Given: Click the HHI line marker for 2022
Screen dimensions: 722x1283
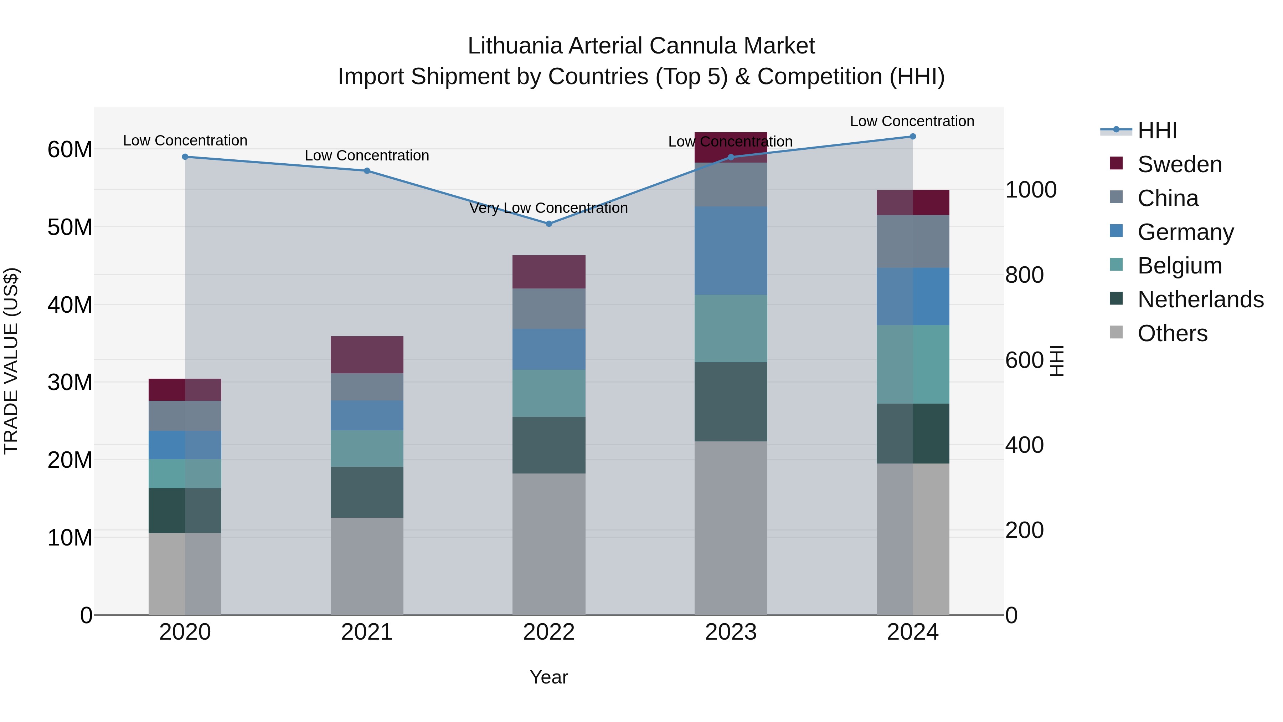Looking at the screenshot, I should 549,224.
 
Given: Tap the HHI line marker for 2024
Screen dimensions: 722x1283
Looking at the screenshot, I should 912,136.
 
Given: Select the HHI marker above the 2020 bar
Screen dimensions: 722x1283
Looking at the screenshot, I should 185,157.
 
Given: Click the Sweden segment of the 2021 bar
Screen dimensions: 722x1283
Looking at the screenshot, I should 367,354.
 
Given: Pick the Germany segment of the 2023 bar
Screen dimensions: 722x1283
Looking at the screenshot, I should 731,251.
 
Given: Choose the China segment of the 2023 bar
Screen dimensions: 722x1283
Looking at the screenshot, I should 731,184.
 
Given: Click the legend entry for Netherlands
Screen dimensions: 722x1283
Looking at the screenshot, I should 1200,299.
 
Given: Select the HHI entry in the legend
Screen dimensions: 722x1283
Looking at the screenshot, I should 1157,130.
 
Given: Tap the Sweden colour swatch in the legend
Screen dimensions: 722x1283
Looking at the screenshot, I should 1116,163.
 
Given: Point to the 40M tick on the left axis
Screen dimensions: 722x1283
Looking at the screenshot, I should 70,304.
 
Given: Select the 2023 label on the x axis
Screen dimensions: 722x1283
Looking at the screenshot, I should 731,632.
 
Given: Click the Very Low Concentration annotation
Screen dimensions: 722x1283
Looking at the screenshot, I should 548,208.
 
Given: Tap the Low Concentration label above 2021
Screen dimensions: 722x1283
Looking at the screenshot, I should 367,155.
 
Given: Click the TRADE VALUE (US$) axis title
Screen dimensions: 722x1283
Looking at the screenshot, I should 11,361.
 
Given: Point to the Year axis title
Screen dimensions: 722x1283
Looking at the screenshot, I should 548,677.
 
